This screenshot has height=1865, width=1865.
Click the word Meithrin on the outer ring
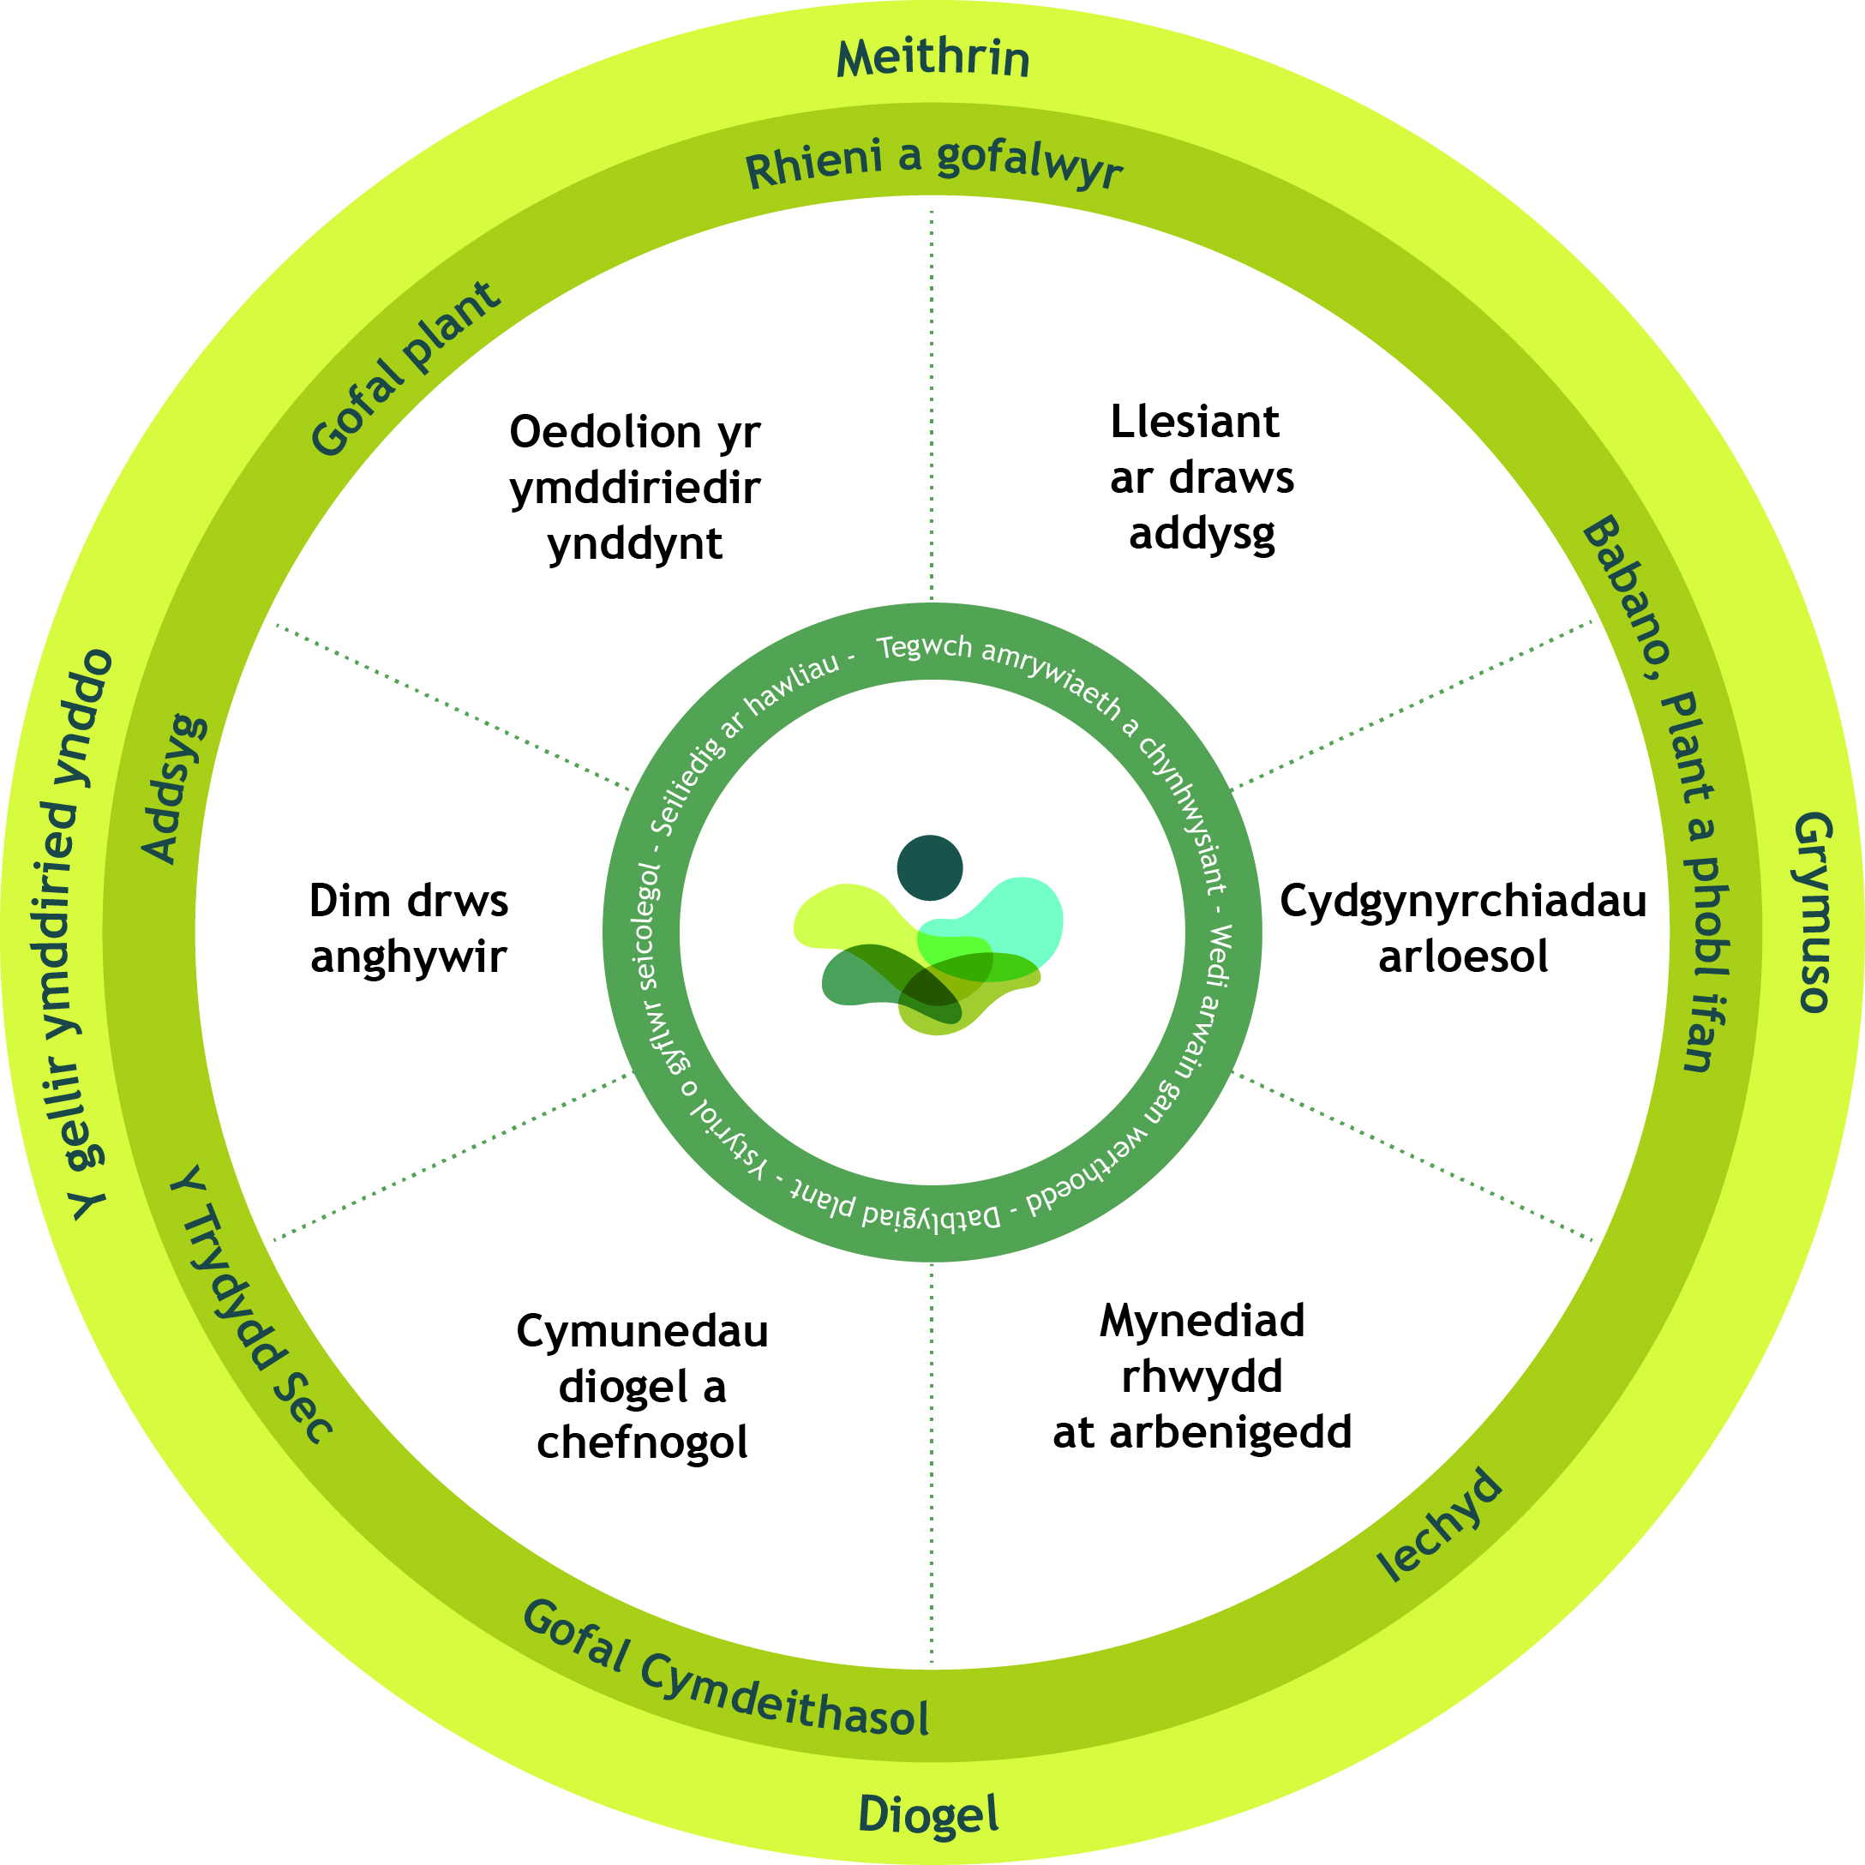point(932,58)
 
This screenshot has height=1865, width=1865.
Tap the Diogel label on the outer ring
point(928,1814)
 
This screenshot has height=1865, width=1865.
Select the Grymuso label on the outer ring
point(1813,912)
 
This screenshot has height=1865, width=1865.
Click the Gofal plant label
point(405,369)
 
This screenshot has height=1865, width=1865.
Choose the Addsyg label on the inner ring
point(174,789)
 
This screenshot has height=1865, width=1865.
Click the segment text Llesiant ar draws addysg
point(1201,478)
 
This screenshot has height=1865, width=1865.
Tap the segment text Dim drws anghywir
point(408,928)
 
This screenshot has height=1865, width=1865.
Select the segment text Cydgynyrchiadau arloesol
point(1462,928)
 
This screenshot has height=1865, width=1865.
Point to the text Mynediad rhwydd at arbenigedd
point(1202,1376)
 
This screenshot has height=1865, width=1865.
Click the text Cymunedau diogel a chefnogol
point(642,1386)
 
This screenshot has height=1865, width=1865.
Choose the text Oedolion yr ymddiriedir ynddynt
point(635,488)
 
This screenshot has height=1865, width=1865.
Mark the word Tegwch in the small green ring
point(924,647)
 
